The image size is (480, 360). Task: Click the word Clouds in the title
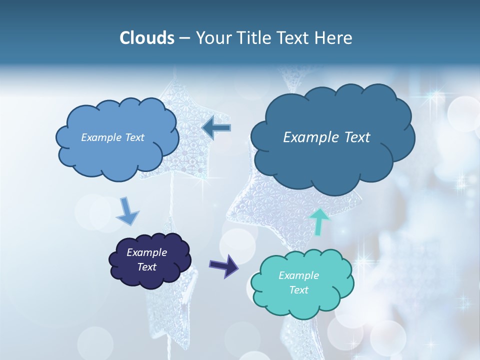pyautogui.click(x=147, y=38)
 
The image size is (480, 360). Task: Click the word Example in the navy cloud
pyautogui.click(x=146, y=252)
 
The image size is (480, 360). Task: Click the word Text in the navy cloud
pyautogui.click(x=147, y=267)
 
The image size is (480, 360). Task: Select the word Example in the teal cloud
pyautogui.click(x=298, y=275)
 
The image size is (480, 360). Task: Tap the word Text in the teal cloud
pyautogui.click(x=299, y=290)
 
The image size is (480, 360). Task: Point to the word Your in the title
pyautogui.click(x=211, y=38)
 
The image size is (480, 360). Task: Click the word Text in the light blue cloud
pyautogui.click(x=134, y=137)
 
